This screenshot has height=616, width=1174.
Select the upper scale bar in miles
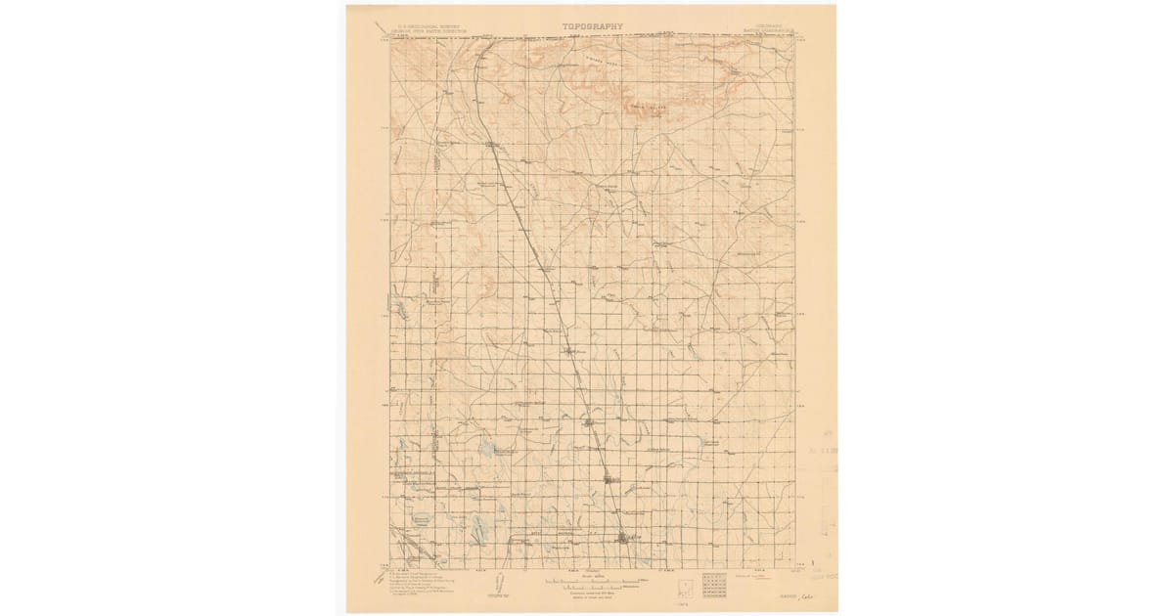593,579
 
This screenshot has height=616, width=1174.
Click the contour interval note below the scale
593,594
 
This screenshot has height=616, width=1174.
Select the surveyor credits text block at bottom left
423,582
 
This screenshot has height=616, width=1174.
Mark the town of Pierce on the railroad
587,421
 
